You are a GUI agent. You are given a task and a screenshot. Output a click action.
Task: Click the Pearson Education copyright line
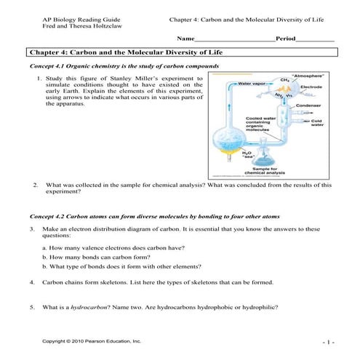(x=92, y=340)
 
